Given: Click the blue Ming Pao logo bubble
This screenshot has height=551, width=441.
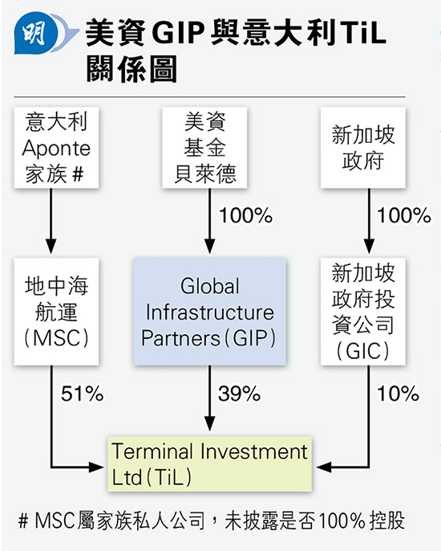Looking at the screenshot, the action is (36, 34).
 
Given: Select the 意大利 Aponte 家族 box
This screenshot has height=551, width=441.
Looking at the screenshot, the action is (56, 148).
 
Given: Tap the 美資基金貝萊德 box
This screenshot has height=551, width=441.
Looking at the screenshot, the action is (204, 148).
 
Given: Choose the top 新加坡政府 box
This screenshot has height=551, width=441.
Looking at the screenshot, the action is (362, 148).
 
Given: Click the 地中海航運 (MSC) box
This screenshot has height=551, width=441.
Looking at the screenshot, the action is (56, 312).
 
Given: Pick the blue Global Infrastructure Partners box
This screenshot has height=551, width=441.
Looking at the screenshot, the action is (210, 312).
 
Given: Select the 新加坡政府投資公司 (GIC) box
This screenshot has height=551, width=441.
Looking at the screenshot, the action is (362, 312).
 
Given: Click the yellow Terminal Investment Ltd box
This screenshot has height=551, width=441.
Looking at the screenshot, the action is (210, 464).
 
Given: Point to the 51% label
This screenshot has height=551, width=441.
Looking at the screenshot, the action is (83, 394).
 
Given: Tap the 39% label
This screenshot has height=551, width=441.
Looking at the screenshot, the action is (239, 394).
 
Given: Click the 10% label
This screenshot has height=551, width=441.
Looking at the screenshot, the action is (399, 394).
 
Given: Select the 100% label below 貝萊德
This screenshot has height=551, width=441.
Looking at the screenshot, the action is (246, 215).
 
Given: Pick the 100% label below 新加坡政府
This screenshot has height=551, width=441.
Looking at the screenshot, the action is (404, 215).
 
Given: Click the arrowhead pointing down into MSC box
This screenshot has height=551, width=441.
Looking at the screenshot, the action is (51, 246).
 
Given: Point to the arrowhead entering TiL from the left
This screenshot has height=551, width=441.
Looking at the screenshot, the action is (96, 467).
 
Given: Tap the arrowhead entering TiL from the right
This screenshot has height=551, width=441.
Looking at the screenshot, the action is (323, 467).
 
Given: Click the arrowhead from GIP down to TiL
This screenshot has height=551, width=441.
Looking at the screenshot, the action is (210, 423).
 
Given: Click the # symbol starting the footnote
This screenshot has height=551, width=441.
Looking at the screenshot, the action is (23, 521).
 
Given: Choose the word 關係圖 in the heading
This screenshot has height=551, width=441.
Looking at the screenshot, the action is (131, 69).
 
